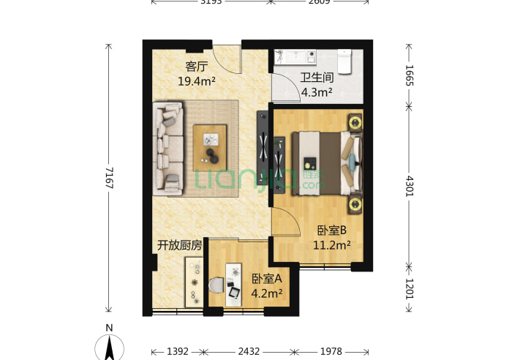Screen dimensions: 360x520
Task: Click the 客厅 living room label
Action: coord(192,67)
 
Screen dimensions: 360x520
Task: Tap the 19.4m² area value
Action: coord(196,81)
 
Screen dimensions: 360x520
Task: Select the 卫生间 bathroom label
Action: coord(317,78)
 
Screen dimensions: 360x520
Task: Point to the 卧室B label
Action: coord(331,230)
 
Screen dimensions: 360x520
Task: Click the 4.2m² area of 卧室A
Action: coord(267,293)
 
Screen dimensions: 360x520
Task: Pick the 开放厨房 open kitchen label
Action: coord(179,245)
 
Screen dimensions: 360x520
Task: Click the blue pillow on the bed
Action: coord(354,162)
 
